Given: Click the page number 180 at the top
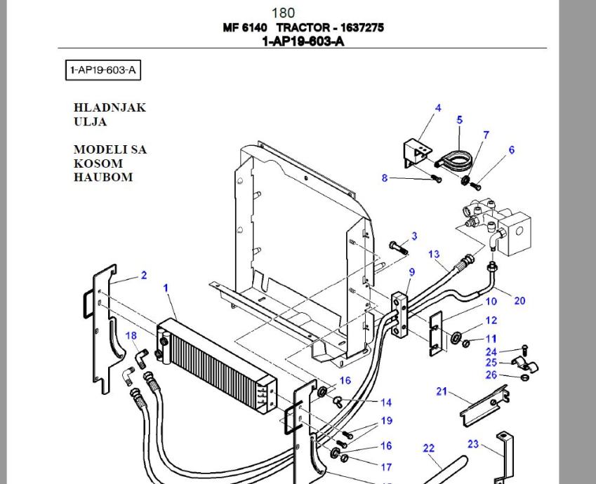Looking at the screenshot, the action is click(283, 13).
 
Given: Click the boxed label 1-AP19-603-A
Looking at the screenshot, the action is click(103, 70).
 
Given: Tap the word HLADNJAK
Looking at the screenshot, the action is click(110, 107).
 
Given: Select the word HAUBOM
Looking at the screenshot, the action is click(103, 177).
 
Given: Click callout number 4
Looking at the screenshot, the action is click(438, 108).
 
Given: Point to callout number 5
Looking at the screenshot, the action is click(460, 120).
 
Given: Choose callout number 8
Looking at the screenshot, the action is click(385, 177).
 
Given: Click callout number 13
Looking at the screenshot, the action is click(434, 254).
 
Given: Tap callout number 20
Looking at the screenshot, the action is click(519, 301).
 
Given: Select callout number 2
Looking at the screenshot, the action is click(144, 275).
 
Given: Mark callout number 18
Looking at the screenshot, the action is click(131, 335).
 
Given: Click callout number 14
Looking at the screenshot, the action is click(386, 403).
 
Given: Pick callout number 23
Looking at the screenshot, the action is click(473, 444).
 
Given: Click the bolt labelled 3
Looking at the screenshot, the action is click(398, 248).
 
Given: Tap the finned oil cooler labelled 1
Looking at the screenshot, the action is click(217, 365).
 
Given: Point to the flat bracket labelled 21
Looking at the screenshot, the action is click(484, 406).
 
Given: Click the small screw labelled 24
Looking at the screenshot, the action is click(525, 349).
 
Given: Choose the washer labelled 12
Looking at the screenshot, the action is click(456, 337).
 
